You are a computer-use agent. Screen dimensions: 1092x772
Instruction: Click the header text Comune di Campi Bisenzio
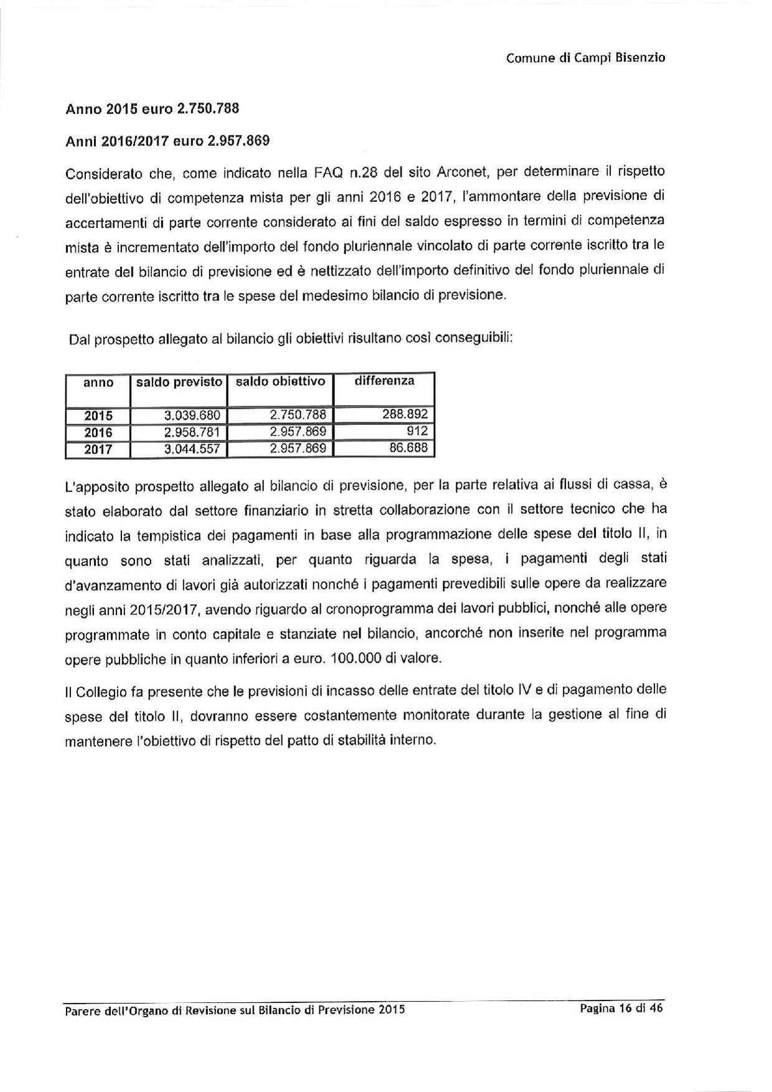[x=585, y=58]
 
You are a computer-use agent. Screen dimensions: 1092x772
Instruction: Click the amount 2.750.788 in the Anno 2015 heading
[x=208, y=108]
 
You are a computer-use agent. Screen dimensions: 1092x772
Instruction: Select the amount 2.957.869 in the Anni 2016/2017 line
[x=238, y=141]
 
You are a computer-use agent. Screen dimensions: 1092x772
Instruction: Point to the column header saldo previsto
[x=179, y=382]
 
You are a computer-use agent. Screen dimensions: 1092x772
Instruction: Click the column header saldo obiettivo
[x=280, y=381]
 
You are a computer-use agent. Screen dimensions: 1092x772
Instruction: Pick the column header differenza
[x=384, y=381]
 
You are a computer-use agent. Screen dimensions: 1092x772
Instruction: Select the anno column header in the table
[x=98, y=382]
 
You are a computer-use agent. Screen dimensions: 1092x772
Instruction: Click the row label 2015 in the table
[x=98, y=416]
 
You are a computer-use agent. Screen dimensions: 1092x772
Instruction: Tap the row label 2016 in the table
[x=98, y=432]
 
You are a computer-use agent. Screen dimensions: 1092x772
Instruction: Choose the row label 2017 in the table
[x=98, y=449]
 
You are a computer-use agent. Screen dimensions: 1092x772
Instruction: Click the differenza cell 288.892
[x=408, y=414]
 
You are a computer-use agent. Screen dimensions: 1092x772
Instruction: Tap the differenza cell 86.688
[x=411, y=447]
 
